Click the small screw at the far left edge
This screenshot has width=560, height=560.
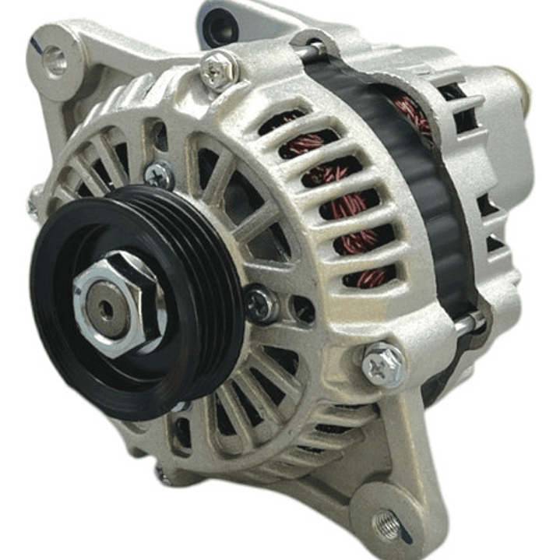click(x=33, y=207)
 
